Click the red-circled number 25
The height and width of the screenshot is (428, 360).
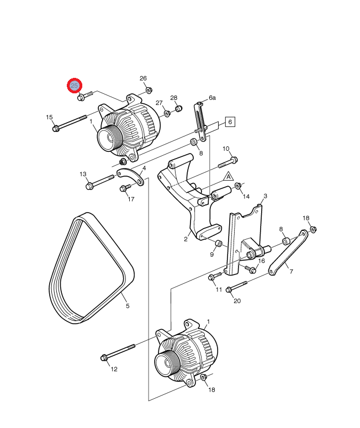click(x=75, y=86)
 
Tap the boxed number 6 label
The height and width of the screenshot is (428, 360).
click(x=230, y=122)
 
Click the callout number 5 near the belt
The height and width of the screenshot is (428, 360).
click(x=127, y=305)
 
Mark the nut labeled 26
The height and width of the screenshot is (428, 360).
click(x=149, y=90)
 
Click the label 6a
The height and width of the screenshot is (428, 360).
click(x=212, y=98)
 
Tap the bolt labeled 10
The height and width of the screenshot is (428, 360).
click(x=227, y=162)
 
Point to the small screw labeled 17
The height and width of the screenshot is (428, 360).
click(x=124, y=189)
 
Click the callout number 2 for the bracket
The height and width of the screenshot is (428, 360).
click(x=186, y=239)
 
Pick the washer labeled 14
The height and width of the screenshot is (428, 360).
click(x=239, y=186)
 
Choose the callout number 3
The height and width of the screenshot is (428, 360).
click(x=265, y=196)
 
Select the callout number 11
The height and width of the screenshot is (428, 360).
click(x=219, y=289)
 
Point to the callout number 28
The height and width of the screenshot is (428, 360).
click(x=174, y=98)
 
